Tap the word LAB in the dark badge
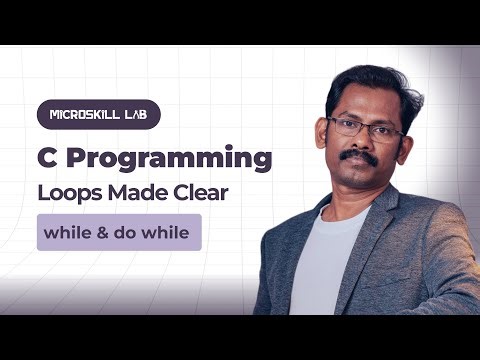coord(137,114)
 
